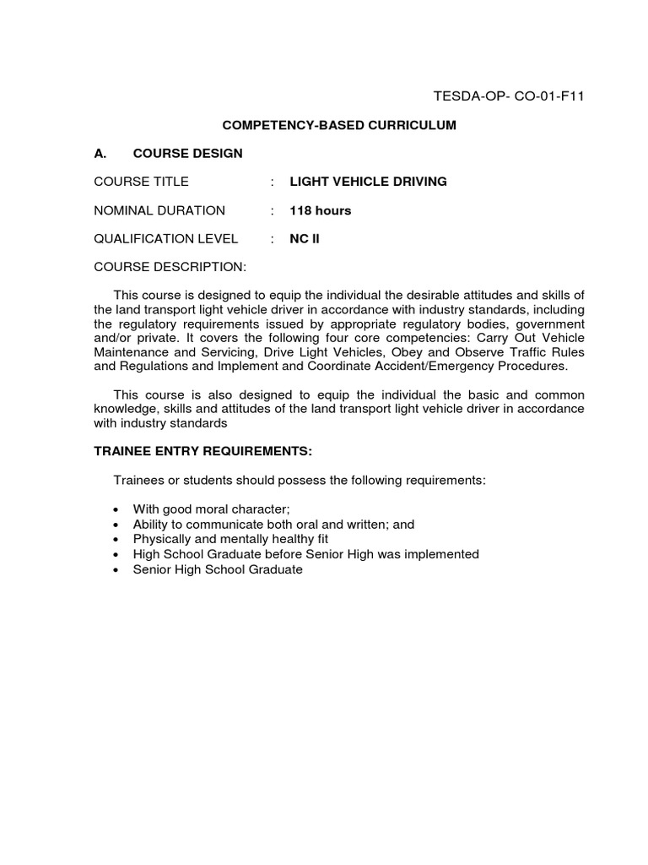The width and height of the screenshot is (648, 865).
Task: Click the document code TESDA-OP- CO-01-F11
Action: [x=508, y=96]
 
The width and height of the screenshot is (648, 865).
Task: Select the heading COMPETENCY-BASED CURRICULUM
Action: [x=338, y=125]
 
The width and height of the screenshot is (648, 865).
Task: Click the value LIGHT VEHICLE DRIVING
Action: [x=368, y=182]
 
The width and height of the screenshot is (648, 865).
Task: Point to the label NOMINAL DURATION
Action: [x=159, y=210]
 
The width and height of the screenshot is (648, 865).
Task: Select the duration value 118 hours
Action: [x=321, y=210]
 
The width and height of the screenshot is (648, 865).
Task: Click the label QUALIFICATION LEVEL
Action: [x=166, y=239]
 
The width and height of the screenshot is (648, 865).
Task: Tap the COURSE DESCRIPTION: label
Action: [x=170, y=268]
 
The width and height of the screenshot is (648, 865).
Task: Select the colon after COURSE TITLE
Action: [x=273, y=182]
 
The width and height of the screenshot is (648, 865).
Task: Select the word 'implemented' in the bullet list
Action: [x=442, y=554]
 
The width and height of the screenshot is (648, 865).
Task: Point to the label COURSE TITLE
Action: [x=141, y=182]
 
